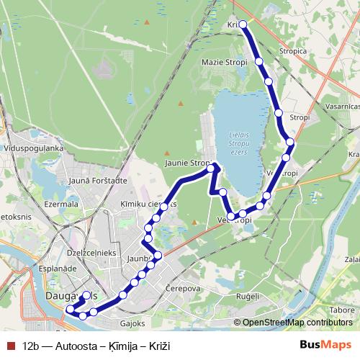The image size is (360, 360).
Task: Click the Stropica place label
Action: point(295,52)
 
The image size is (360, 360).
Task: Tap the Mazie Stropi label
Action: point(225,62)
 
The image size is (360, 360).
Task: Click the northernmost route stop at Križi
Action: point(243,24)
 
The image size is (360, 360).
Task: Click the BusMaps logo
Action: point(325,346)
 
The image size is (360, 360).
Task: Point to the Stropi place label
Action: point(299,117)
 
